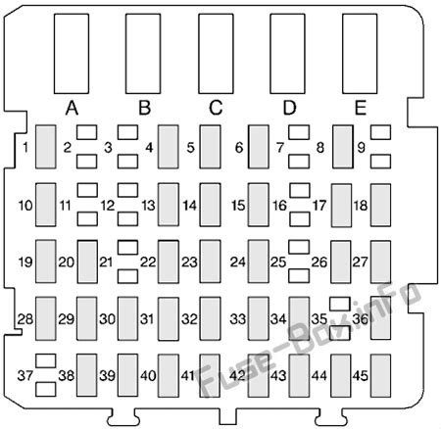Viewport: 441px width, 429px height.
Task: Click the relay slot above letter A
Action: pos(72,54)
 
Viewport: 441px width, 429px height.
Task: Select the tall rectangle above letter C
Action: pos(216,54)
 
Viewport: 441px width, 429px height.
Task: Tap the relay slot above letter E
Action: pos(360,54)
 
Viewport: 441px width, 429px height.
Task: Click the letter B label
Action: pos(145,108)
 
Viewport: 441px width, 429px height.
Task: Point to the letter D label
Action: pos(289,108)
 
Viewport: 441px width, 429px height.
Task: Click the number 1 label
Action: pos(25,148)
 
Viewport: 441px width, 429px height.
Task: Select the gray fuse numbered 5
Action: pos(210,147)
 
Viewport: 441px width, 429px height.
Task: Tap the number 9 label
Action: pos(361,148)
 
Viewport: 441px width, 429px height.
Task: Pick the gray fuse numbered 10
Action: pos(46,205)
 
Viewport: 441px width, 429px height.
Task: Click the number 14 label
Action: pos(190,206)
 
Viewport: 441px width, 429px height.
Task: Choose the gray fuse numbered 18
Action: pos(380,206)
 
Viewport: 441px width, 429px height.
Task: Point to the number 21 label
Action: pos(106,262)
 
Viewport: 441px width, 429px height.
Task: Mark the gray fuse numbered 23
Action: pos(210,262)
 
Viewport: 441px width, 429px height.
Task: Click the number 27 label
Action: pos(360,262)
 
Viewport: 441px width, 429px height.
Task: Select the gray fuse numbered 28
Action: pos(46,318)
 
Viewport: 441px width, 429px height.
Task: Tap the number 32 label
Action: pos(190,319)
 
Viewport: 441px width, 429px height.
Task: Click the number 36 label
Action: pos(361,319)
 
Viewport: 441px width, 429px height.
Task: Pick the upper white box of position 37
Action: pos(46,360)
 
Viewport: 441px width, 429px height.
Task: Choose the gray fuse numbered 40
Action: pos(169,376)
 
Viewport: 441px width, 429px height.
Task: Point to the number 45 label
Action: pos(361,376)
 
